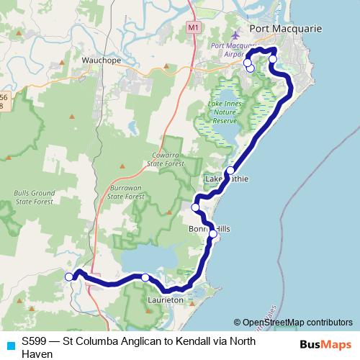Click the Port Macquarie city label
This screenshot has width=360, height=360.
[285, 29]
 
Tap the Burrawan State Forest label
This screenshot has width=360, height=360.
[127, 191]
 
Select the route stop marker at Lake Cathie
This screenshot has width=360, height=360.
[230, 171]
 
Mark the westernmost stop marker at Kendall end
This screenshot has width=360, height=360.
[69, 276]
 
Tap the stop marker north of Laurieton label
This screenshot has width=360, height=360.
[145, 277]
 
